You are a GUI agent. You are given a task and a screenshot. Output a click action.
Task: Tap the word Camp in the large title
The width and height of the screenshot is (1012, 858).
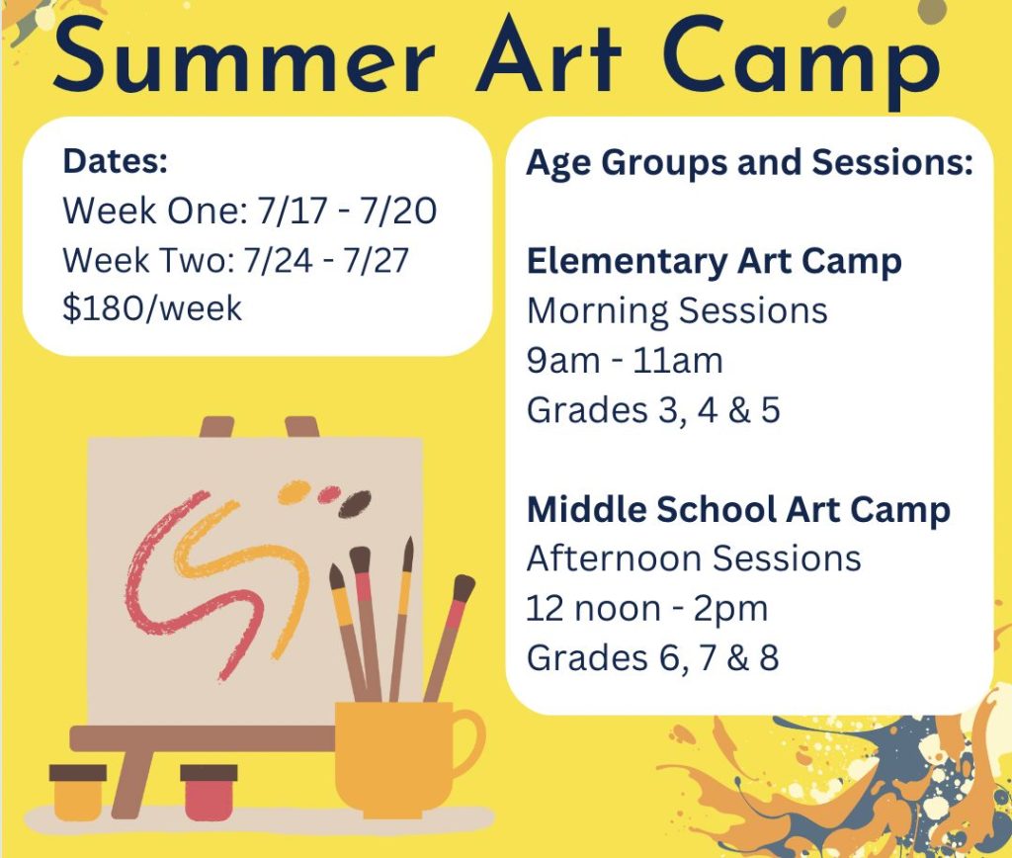[x=801, y=62]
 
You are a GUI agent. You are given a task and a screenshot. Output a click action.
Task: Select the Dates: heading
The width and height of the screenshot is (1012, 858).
[x=115, y=161]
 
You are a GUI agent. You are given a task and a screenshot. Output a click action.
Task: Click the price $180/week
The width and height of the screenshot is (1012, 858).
[x=152, y=308]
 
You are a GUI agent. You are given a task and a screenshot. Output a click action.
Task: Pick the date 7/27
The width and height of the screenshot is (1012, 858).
[x=376, y=260]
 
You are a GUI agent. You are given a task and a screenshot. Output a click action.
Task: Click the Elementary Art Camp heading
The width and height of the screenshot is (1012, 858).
[x=714, y=262]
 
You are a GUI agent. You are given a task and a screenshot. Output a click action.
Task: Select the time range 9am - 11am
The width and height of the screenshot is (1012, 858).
[x=625, y=360]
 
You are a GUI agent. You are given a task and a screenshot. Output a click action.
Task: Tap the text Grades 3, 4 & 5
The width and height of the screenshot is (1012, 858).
[x=653, y=410]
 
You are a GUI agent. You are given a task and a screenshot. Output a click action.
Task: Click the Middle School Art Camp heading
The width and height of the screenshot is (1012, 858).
[x=738, y=509]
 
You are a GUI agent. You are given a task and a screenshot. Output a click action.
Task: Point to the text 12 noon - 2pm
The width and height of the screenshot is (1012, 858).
[x=647, y=608]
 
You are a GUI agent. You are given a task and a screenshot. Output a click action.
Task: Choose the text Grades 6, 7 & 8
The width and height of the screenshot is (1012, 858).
[x=652, y=658]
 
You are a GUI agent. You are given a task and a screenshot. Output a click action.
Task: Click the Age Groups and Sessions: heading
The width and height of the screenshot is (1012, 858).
[x=749, y=162]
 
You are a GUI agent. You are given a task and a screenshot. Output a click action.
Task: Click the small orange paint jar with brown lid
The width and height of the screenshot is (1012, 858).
[x=77, y=792]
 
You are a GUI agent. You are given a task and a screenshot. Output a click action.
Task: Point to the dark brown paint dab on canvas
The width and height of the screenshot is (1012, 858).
[x=355, y=503]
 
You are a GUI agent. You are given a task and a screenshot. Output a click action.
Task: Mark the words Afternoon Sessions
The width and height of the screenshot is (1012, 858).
[x=694, y=558]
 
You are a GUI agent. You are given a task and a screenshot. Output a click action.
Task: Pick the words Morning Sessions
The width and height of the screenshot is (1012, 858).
[x=677, y=311]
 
